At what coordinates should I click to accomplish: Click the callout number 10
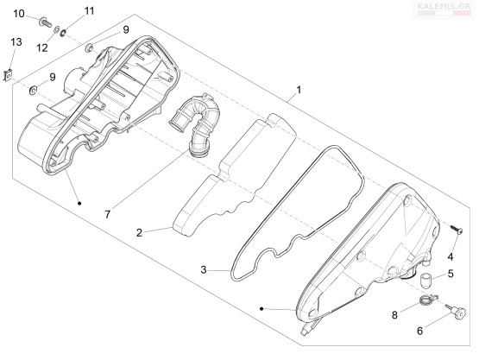click(x=19, y=14)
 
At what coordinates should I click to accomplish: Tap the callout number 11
click(x=89, y=11)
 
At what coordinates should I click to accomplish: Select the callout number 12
click(x=42, y=47)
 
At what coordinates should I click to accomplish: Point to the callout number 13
click(x=16, y=41)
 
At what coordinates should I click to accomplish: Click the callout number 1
click(x=299, y=90)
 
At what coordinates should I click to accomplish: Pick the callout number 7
click(x=107, y=215)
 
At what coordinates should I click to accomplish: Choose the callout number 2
click(x=139, y=233)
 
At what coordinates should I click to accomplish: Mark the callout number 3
click(x=204, y=270)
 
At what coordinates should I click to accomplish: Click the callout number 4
click(x=451, y=257)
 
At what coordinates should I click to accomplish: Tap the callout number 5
click(x=451, y=274)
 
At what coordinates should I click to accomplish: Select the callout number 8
click(x=394, y=315)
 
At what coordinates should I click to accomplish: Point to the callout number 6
click(x=420, y=331)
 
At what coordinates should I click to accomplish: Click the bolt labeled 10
click(x=46, y=22)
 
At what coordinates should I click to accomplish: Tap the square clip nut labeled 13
click(x=8, y=75)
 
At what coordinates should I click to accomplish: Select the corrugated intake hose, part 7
click(x=194, y=125)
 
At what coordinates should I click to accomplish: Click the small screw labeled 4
click(x=456, y=229)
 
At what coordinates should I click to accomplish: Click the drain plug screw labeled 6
click(x=457, y=312)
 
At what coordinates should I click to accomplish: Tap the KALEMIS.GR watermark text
click(x=444, y=6)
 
